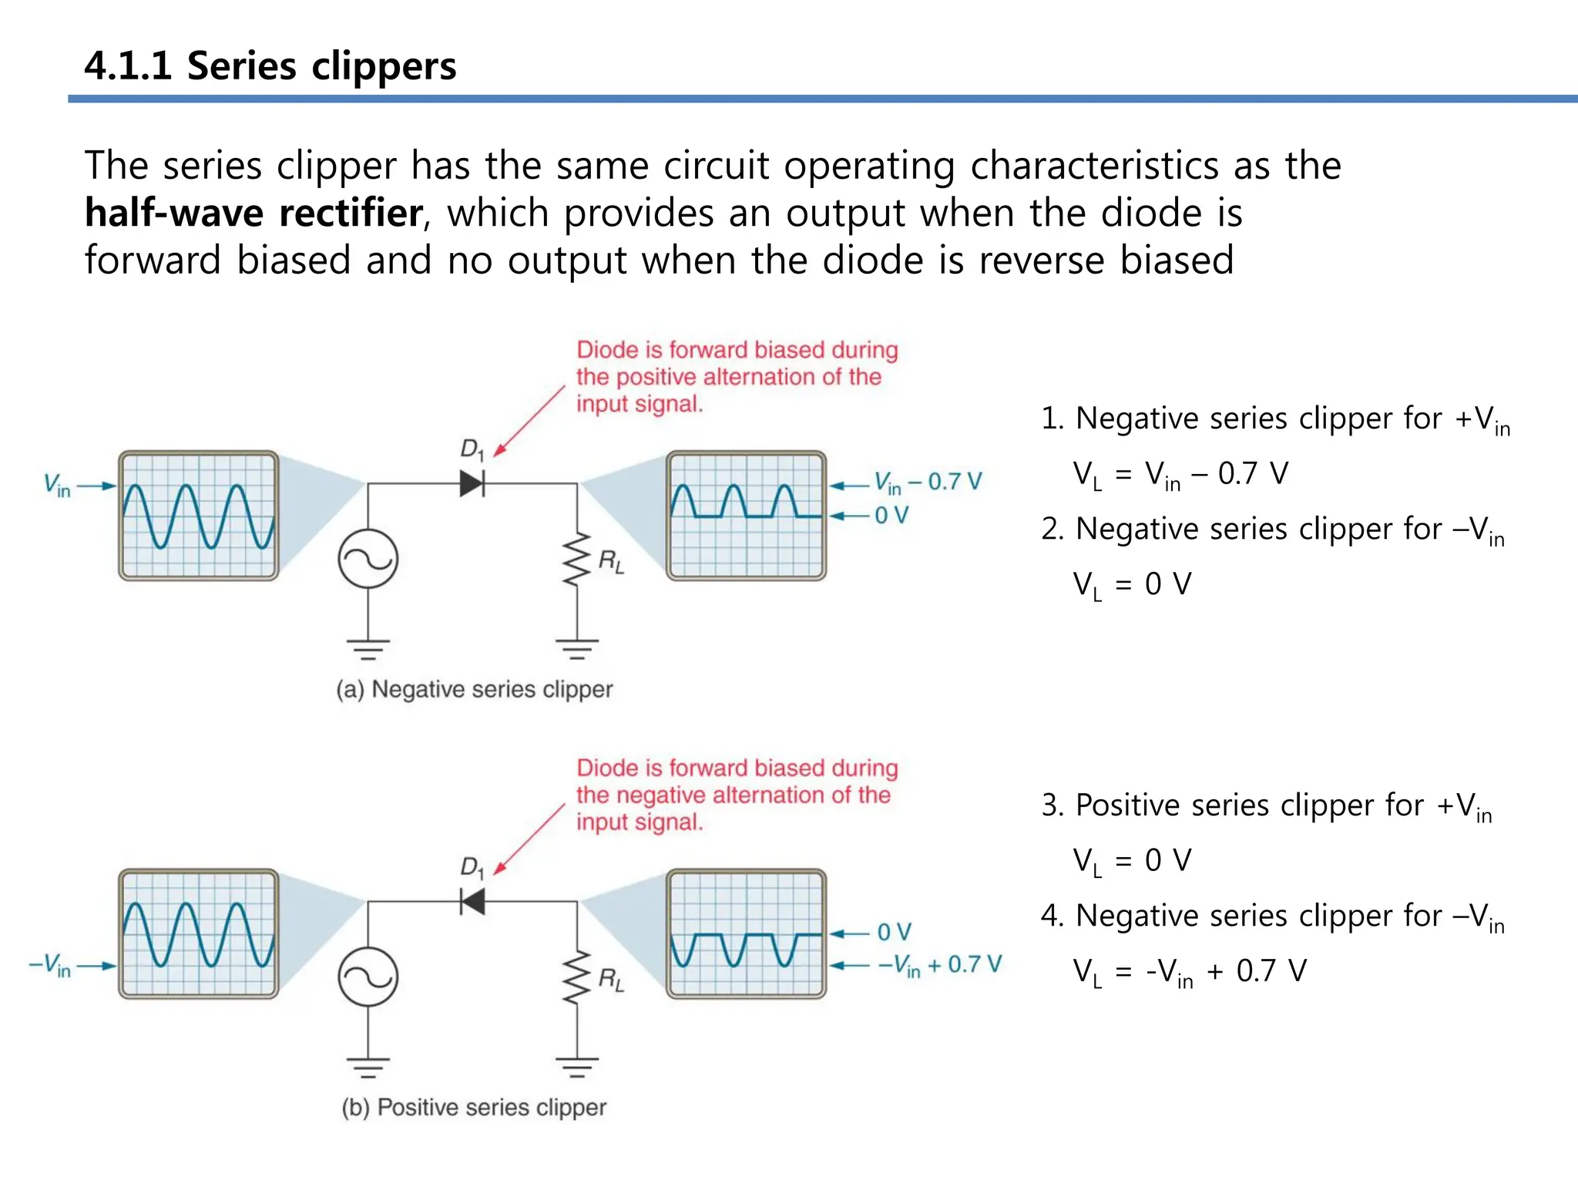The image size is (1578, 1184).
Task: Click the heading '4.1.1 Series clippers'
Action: point(270,66)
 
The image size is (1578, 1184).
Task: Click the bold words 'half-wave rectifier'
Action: point(253,213)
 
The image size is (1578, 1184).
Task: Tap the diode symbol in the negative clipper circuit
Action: point(472,484)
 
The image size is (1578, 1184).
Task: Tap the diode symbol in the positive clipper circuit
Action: point(472,901)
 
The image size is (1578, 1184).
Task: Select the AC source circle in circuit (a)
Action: point(368,559)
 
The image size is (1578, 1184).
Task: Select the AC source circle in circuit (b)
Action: point(368,977)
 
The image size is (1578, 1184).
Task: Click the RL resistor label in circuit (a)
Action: point(611,561)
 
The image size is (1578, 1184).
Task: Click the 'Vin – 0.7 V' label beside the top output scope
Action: point(928,483)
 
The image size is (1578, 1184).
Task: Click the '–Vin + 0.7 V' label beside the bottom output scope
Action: point(939,965)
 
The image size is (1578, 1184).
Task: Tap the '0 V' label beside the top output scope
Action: point(891,515)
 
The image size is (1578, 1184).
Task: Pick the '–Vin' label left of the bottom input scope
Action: point(50,965)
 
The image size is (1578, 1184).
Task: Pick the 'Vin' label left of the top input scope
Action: point(57,485)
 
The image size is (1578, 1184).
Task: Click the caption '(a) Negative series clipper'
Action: point(474,689)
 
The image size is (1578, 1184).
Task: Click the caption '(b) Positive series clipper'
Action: point(474,1108)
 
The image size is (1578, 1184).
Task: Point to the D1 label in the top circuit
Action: point(472,449)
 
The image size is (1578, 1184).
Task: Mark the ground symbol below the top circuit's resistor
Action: point(576,648)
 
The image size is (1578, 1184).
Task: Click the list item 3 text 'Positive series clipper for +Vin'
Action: point(1267,806)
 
